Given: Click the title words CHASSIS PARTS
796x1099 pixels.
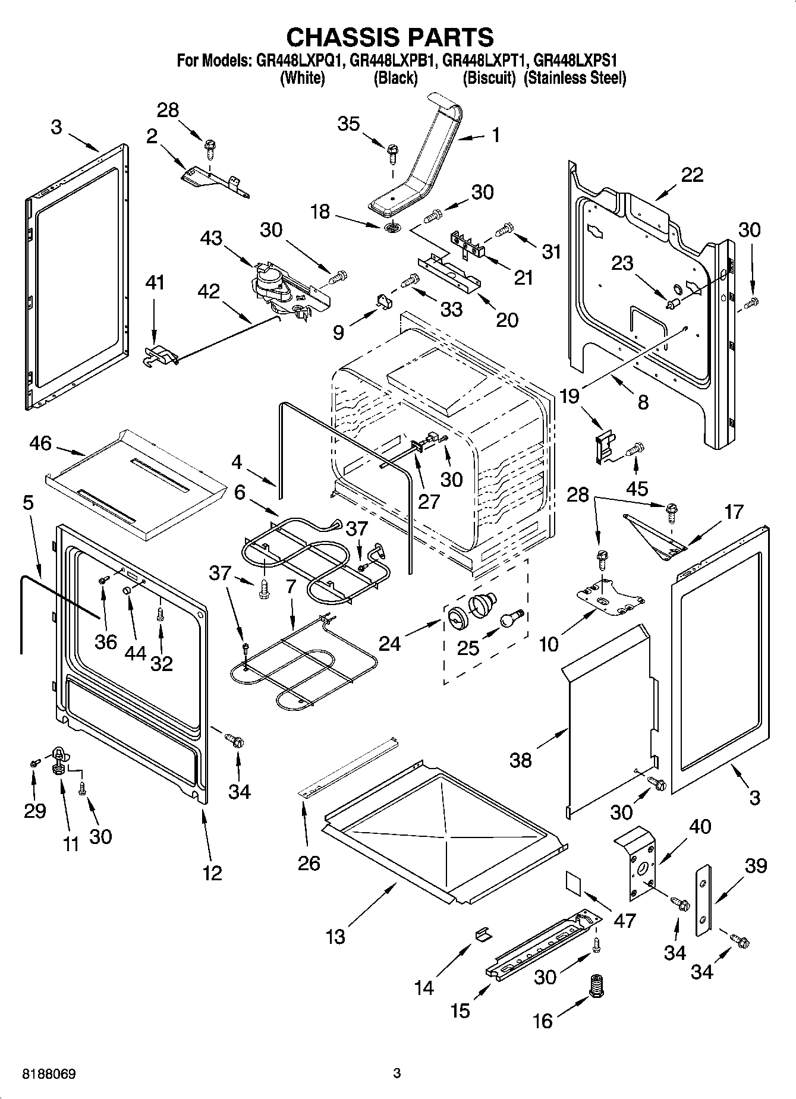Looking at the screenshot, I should click(389, 37).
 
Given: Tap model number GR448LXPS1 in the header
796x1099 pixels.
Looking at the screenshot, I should click(575, 61).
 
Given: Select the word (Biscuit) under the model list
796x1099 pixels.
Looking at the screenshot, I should click(489, 78).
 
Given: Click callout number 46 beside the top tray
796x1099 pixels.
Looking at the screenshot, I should click(40, 443).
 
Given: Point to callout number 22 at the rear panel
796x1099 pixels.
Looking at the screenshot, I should click(692, 174).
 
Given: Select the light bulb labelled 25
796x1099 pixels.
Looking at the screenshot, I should click(510, 618).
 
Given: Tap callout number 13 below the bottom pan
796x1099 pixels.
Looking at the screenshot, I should click(335, 937).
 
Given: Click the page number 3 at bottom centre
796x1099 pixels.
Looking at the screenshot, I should click(397, 1073).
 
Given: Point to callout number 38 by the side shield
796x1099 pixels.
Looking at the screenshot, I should click(521, 759).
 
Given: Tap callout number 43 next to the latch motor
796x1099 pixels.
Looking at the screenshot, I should click(211, 238).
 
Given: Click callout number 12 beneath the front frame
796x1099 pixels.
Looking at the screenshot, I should click(212, 873).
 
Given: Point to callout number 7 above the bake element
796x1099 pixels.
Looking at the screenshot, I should click(291, 586).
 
